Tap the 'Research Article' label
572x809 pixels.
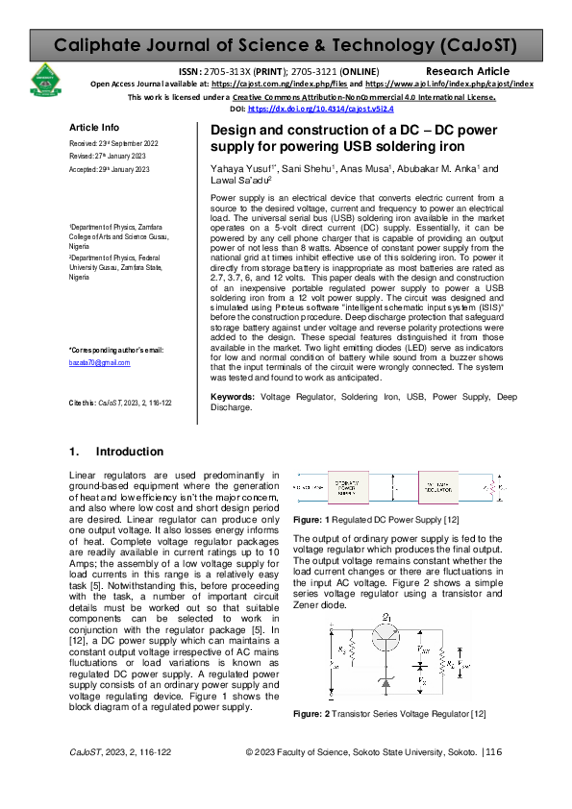(x=467, y=72)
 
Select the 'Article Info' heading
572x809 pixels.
(x=94, y=128)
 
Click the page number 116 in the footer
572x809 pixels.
(x=494, y=780)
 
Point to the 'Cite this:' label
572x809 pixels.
(x=85, y=404)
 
